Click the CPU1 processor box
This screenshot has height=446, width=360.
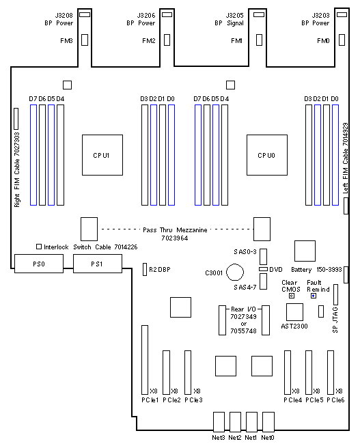(102, 155)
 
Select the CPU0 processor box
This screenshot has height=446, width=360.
(267, 155)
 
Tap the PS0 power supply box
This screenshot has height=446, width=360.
(39, 264)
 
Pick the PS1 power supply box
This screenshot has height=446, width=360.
(98, 264)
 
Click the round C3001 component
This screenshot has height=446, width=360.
(235, 273)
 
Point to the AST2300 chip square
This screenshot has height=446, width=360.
(294, 312)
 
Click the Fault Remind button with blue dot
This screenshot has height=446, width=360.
(314, 296)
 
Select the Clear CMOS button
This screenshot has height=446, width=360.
(292, 296)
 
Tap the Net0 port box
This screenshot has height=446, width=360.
(268, 421)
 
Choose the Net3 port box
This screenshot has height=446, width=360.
(219, 421)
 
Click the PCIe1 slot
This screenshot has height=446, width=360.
(145, 360)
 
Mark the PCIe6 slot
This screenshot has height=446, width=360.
(331, 372)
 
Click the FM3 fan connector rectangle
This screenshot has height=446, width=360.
(85, 40)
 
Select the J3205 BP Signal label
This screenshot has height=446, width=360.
(230, 19)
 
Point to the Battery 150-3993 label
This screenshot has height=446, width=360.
(316, 269)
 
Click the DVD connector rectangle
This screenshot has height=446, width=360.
(263, 269)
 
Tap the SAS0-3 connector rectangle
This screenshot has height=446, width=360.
(264, 257)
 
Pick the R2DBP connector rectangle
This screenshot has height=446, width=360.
(145, 269)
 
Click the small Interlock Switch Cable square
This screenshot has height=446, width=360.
(39, 247)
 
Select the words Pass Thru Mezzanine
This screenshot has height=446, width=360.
(175, 229)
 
